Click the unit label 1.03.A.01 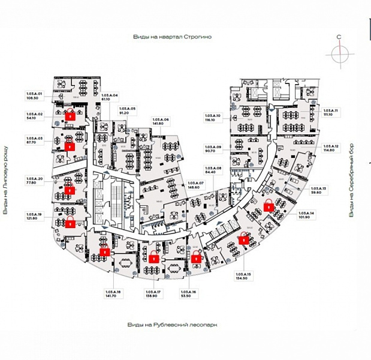tap(34, 94)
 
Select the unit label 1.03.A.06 tap(161, 119)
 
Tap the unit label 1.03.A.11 tap(331, 111)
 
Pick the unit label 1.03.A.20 tap(34, 178)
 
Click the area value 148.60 tap(196, 187)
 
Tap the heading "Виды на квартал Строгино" tap(173, 37)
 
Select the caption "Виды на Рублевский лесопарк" tap(171, 324)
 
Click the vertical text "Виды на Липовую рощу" tap(5, 179)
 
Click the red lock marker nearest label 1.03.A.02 tap(71, 116)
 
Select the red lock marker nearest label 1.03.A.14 tap(270, 205)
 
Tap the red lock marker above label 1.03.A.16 tap(197, 258)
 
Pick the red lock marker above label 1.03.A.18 tap(105, 252)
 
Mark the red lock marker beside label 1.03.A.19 tap(71, 223)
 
